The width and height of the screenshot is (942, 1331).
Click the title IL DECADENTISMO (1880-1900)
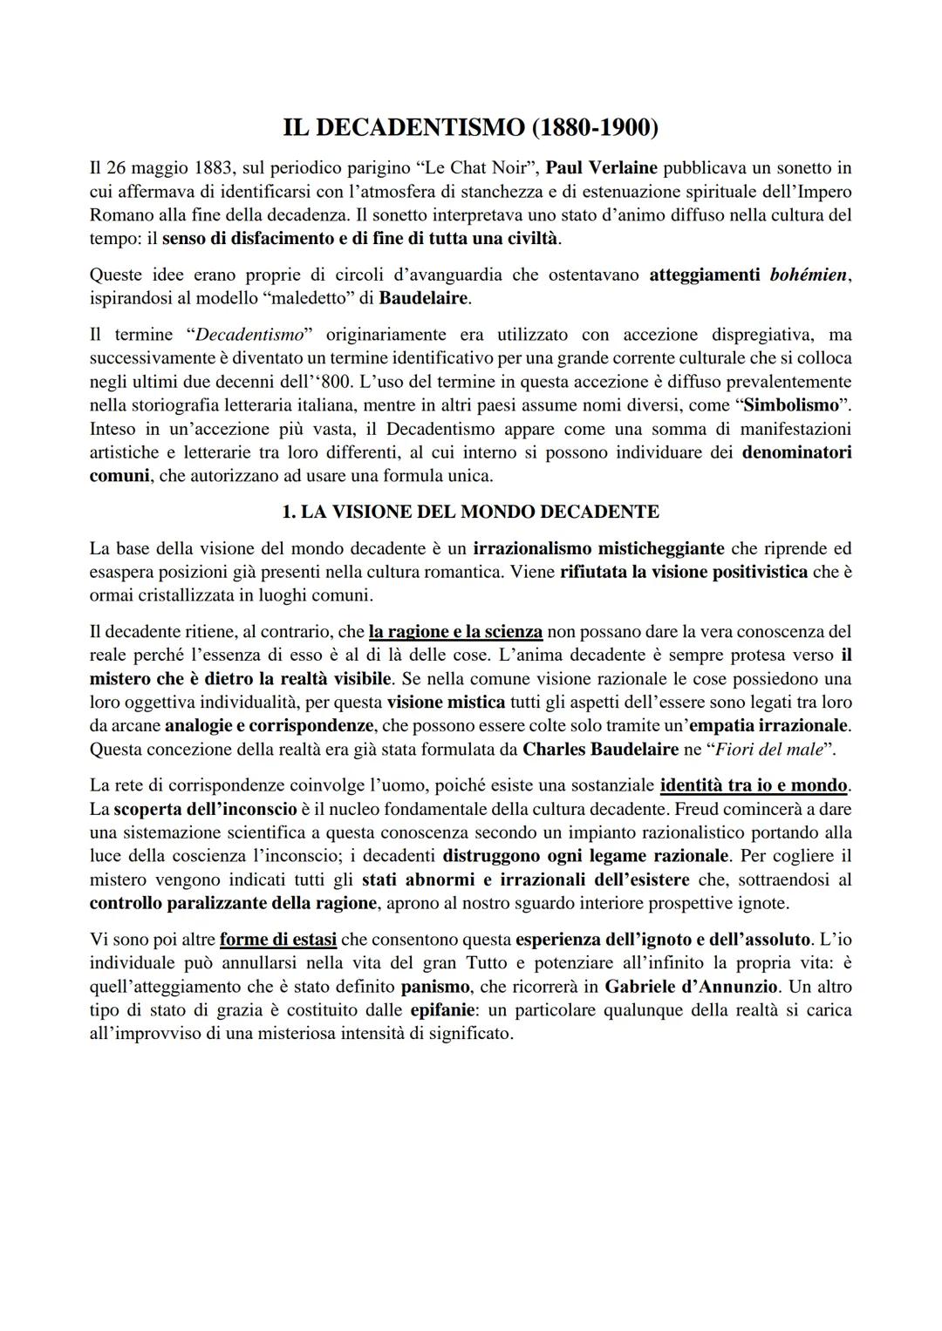[x=471, y=127]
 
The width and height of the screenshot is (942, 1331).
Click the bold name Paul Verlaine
[x=601, y=167]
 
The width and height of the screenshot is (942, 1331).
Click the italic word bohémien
[x=808, y=275]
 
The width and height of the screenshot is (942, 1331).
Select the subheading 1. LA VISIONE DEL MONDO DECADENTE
[x=471, y=512]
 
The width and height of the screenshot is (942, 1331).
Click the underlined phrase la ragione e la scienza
[x=455, y=631]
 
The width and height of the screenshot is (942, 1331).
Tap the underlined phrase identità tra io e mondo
[x=754, y=786]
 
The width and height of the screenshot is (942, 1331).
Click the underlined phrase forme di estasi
[x=278, y=941]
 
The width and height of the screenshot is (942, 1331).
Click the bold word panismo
[x=440, y=988]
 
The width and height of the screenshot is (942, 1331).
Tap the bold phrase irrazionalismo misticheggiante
[x=598, y=549]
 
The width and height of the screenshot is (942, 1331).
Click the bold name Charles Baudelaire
[x=600, y=749]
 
